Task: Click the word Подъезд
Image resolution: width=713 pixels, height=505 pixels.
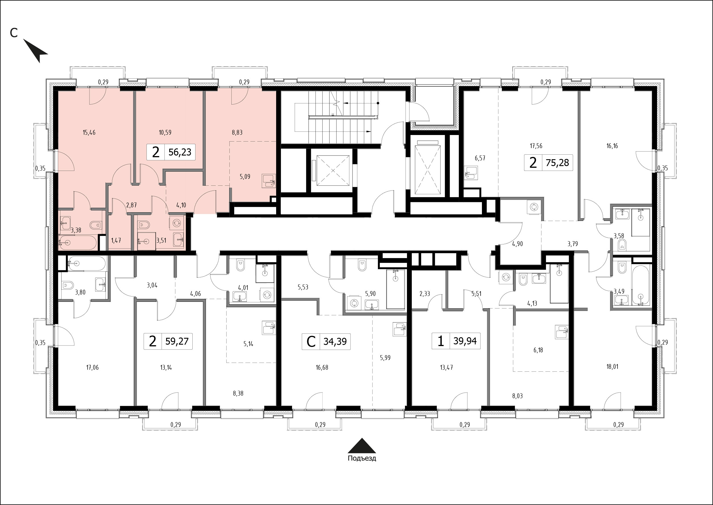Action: (362, 458)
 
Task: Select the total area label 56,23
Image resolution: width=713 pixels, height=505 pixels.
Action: (180, 152)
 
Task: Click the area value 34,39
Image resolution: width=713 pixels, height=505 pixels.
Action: (335, 342)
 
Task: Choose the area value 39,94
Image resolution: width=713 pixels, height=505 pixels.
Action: (465, 341)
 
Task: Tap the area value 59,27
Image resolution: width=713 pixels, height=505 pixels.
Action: (177, 341)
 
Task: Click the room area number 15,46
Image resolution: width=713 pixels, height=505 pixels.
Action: (89, 133)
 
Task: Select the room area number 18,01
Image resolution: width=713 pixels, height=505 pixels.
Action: (612, 367)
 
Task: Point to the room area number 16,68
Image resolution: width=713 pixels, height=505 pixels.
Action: (322, 367)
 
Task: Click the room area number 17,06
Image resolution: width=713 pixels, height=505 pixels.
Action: (92, 367)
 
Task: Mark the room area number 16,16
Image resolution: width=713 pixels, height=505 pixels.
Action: (612, 146)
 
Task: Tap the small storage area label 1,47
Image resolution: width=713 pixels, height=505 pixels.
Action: (116, 240)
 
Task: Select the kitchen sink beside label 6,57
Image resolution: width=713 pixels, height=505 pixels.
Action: (471, 173)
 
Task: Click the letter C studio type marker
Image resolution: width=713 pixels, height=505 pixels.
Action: (311, 342)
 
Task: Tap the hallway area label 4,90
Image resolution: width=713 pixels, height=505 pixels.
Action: (517, 244)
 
